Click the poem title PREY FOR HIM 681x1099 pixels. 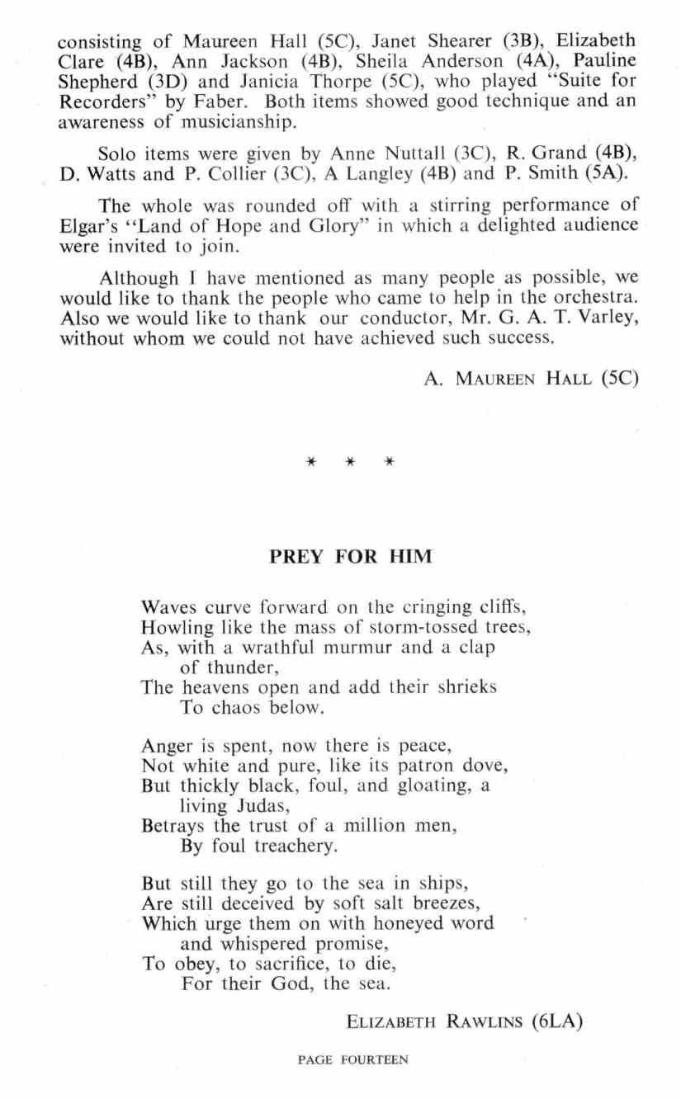351,557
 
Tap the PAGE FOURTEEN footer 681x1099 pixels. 352,1060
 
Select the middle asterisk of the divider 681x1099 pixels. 350,461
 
